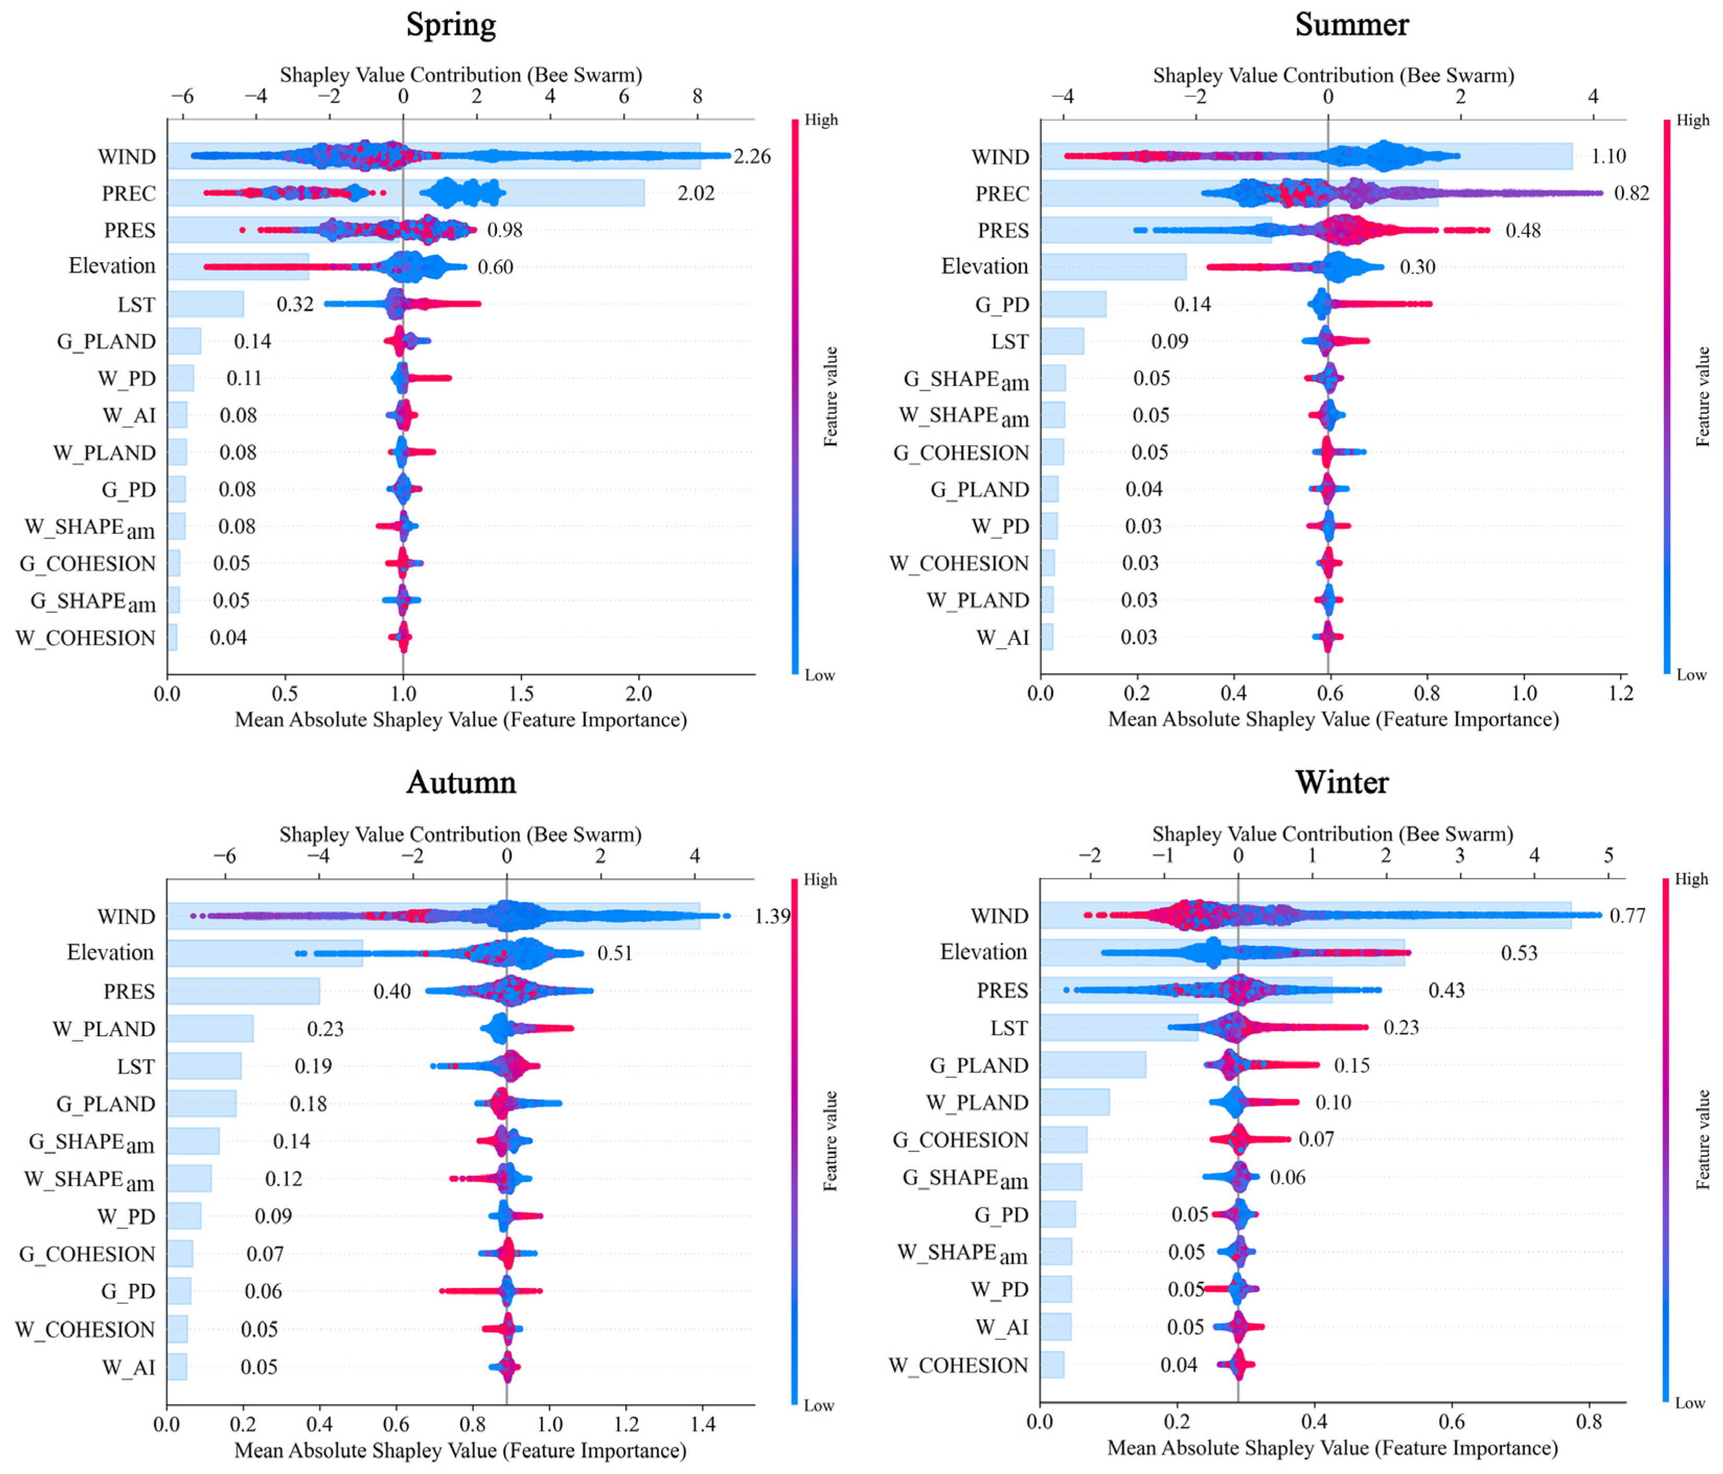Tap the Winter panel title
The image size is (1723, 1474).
[1342, 782]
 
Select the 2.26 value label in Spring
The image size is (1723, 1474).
[751, 156]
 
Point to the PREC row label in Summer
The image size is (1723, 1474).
[1001, 194]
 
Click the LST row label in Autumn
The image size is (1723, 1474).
[135, 1067]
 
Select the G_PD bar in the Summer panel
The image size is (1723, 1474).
[1073, 305]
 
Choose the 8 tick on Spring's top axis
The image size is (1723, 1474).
[697, 97]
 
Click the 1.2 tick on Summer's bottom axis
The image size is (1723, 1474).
[1621, 693]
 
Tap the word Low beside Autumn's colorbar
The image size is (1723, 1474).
[819, 1406]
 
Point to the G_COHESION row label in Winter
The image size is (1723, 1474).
[961, 1140]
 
